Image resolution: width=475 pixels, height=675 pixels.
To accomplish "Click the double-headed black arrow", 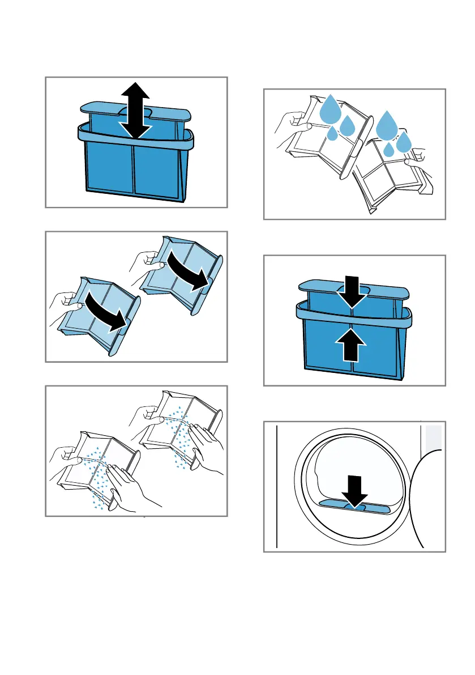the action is coord(135,110).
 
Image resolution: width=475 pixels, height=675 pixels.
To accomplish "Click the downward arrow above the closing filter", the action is coord(352,291).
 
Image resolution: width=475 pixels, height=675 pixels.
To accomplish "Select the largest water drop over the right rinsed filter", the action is coord(387,126).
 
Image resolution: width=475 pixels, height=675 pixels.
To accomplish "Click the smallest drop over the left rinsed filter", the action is coord(332,134).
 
